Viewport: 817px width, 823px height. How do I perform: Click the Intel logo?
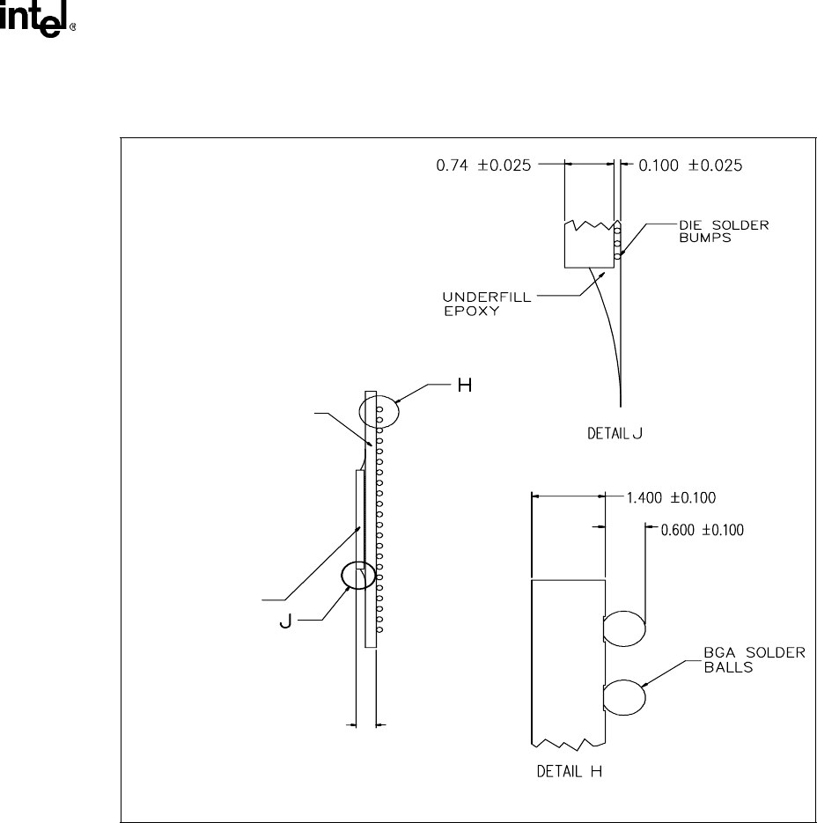click(x=37, y=19)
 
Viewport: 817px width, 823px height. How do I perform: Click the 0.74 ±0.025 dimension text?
click(x=483, y=165)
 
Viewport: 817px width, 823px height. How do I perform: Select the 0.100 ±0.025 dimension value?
click(x=690, y=165)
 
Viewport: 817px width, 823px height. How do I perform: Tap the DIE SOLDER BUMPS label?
click(x=724, y=231)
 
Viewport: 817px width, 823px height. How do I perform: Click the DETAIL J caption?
click(x=615, y=434)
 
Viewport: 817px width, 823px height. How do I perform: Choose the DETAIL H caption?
click(x=569, y=771)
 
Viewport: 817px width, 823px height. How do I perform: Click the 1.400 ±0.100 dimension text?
click(x=671, y=497)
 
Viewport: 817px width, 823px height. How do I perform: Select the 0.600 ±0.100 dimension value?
click(x=702, y=530)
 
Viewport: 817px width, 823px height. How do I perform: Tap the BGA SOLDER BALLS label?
click(x=754, y=660)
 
